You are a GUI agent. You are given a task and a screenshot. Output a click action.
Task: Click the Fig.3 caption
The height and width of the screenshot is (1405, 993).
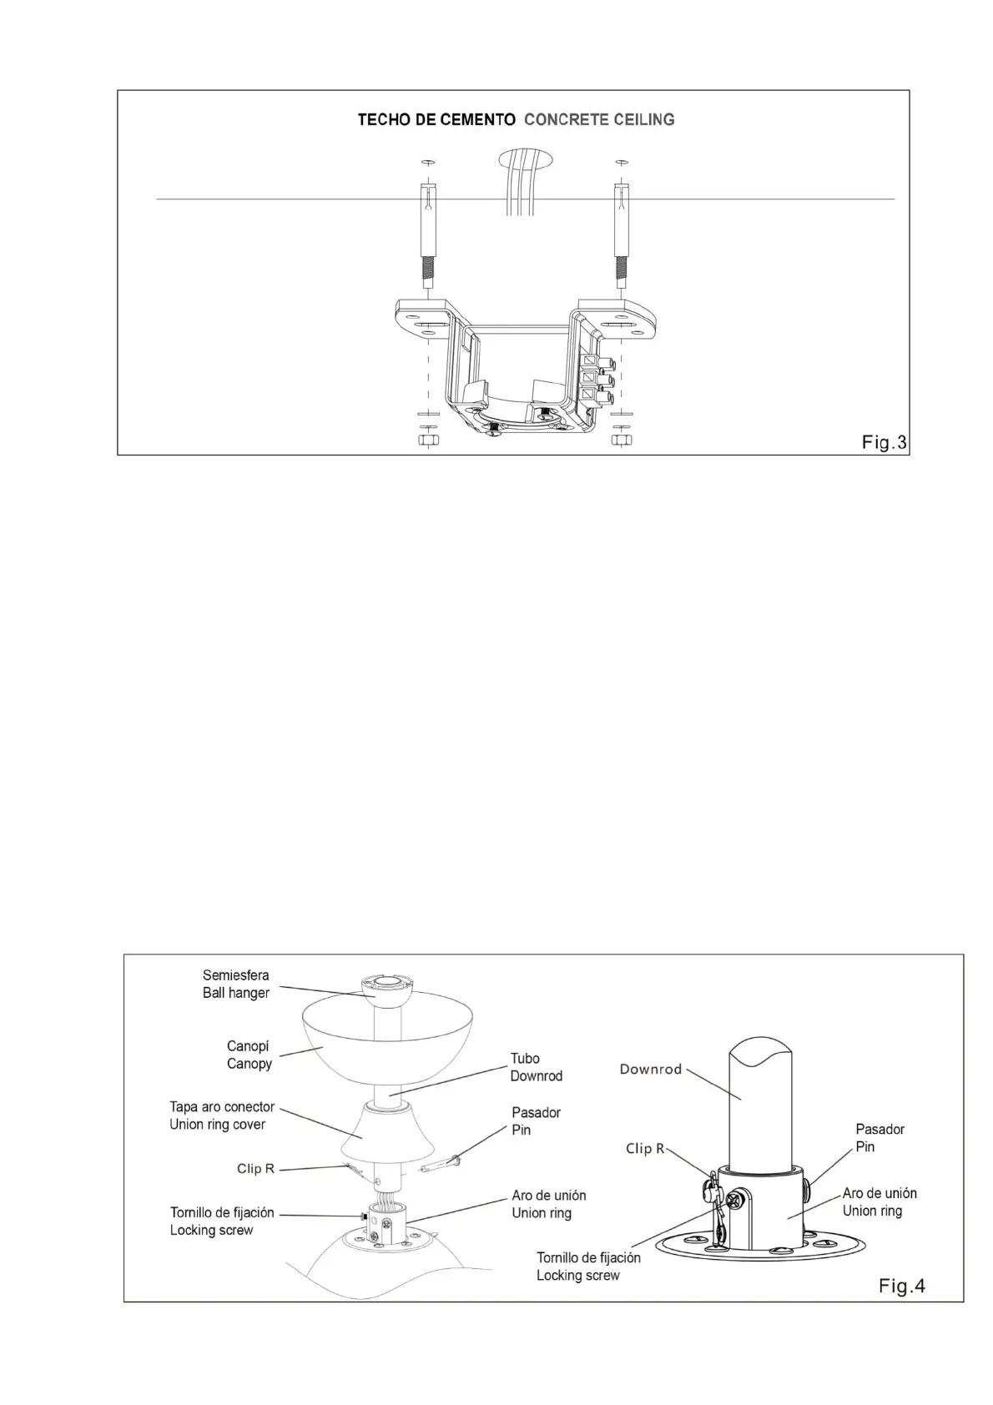pyautogui.click(x=884, y=443)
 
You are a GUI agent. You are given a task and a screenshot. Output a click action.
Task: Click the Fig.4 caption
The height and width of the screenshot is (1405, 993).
pyautogui.click(x=901, y=1286)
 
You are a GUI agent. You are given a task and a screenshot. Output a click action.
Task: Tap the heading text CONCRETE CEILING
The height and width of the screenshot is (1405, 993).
pyautogui.click(x=599, y=120)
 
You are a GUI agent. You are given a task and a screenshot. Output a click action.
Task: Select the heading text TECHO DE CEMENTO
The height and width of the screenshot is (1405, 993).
pyautogui.click(x=436, y=120)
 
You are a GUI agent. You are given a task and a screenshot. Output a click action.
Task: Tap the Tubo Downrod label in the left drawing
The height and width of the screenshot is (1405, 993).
pyautogui.click(x=536, y=1067)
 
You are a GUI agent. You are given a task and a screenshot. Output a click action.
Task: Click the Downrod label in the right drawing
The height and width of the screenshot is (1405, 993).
pyautogui.click(x=651, y=1069)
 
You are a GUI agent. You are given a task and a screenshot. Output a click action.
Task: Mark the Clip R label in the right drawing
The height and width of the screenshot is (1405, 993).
pyautogui.click(x=645, y=1148)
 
